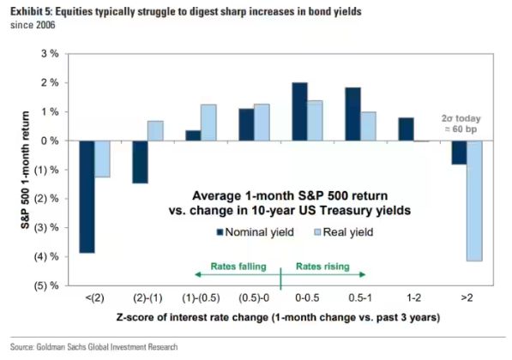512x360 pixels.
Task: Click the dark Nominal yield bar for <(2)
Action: click(87, 197)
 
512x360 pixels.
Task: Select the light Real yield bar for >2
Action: click(474, 201)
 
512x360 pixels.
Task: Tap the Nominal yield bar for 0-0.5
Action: click(300, 111)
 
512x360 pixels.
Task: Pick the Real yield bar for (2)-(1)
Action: click(155, 131)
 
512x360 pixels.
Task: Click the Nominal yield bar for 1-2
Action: click(406, 129)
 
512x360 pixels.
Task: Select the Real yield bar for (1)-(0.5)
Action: click(208, 123)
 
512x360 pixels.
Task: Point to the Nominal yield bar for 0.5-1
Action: click(353, 114)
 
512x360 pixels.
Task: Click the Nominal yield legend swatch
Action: click(220, 232)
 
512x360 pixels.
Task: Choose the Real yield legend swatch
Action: click(317, 232)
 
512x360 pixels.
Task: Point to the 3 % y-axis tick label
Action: click(50, 53)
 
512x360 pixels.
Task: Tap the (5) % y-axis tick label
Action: click(46, 286)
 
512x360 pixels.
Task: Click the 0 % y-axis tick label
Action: click(50, 141)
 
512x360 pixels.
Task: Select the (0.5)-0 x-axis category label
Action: click(254, 298)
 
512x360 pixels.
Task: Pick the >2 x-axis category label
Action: click(467, 298)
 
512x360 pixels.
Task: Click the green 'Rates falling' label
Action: click(238, 267)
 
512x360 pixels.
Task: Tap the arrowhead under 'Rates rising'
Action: click(363, 274)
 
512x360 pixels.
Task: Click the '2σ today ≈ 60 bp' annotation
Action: click(461, 123)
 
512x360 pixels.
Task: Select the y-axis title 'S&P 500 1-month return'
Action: click(26, 170)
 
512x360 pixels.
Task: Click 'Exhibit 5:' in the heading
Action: click(32, 12)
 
